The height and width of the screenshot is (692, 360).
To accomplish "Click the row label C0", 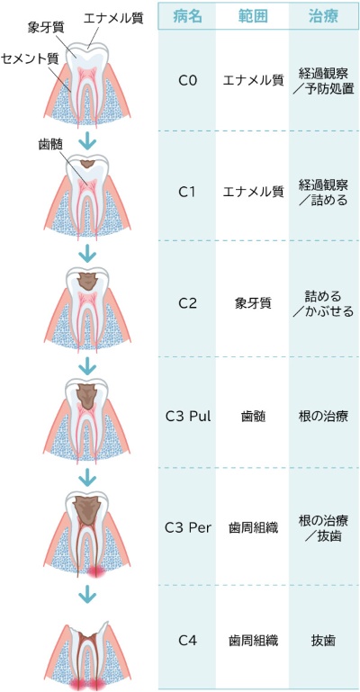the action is [187, 81].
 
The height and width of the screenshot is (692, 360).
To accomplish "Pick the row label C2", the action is [187, 304].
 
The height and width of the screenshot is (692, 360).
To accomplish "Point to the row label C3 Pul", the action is [188, 417].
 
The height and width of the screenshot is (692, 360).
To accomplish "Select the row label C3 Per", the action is [188, 527].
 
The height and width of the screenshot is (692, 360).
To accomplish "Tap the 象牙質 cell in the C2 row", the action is [253, 304].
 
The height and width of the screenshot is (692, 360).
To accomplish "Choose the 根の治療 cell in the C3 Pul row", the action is [323, 417].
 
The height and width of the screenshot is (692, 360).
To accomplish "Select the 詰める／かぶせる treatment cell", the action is [323, 303].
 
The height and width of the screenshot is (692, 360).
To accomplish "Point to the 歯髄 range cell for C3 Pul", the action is [253, 417].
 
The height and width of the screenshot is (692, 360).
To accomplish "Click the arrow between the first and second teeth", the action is [87, 141].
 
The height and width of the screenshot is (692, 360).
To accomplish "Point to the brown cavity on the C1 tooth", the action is [87, 164].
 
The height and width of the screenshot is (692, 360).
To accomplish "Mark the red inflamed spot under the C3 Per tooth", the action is [94, 572].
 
